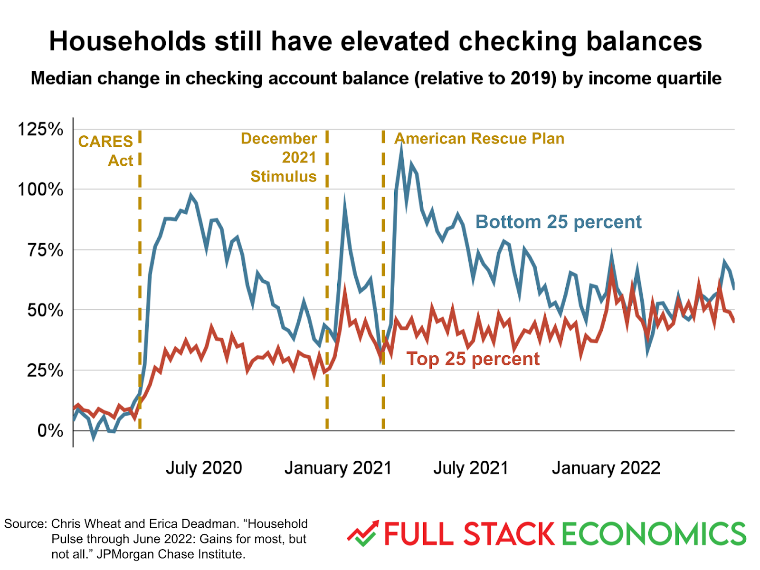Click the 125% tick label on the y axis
(40, 129)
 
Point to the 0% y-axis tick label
(50, 431)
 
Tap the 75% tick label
(45, 250)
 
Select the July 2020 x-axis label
(204, 468)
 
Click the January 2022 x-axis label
(606, 468)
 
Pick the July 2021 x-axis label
(470, 468)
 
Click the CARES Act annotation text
(106, 151)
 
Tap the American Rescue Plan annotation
(479, 138)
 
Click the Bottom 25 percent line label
(558, 222)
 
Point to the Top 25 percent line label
(473, 359)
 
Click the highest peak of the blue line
(401, 145)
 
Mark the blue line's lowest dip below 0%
(94, 437)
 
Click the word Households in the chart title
(127, 41)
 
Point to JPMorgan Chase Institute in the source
(171, 554)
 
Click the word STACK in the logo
(509, 534)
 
